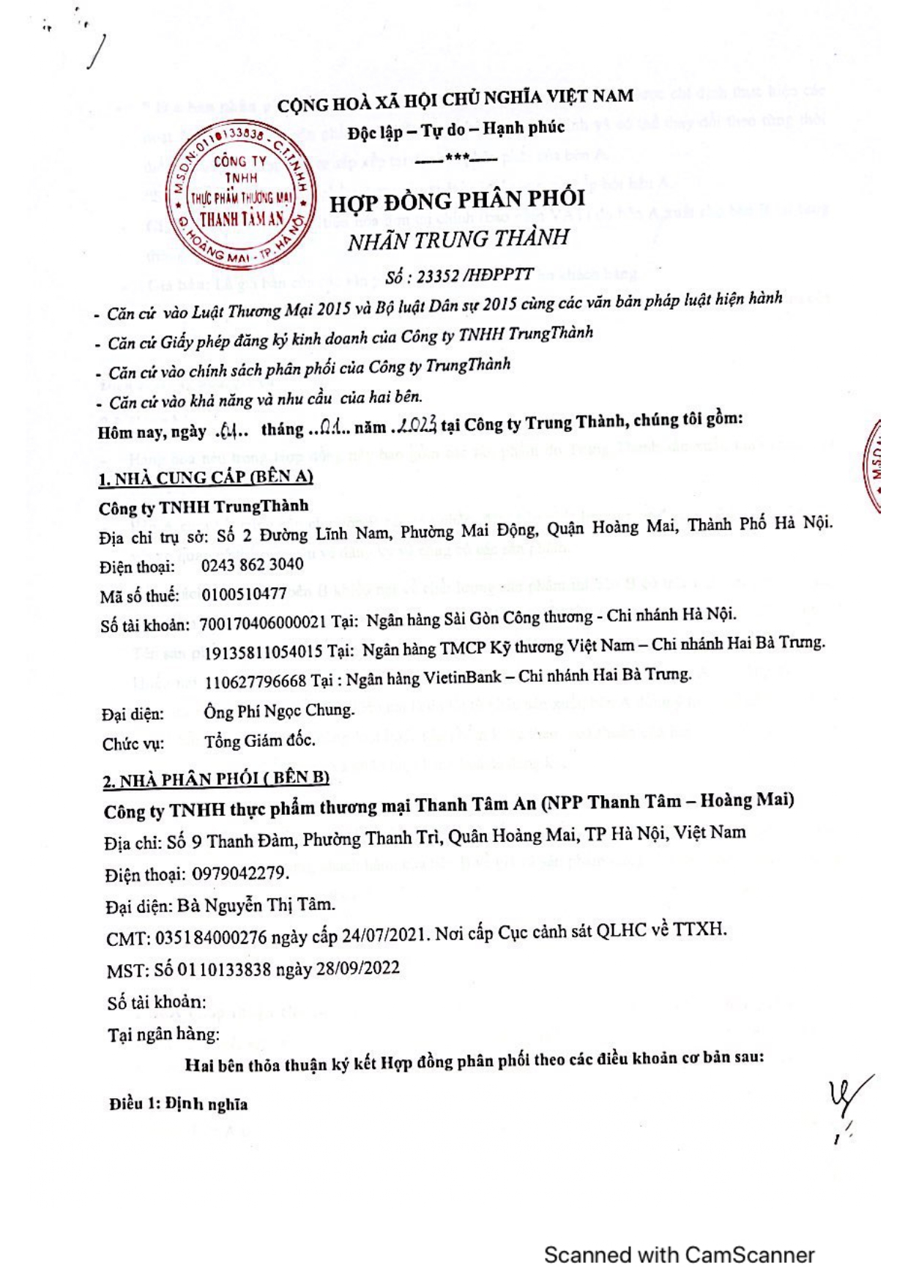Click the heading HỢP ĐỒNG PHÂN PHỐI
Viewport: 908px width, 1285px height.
coord(457,200)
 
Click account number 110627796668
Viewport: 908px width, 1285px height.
coord(255,681)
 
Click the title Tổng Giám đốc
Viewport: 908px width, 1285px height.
coord(260,741)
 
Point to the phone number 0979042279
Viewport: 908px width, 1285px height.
coord(239,874)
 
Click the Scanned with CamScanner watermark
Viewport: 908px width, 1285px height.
coord(679,1255)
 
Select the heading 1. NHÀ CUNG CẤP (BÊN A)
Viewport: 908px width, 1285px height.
coord(206,477)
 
